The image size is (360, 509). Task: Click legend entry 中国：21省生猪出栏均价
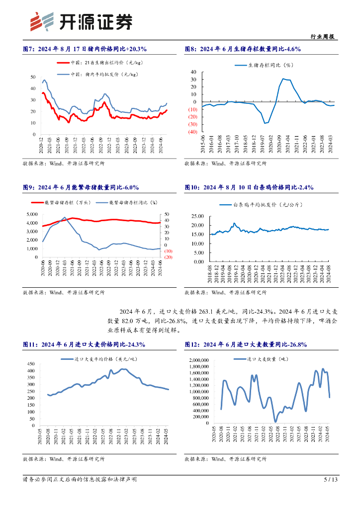[99, 63]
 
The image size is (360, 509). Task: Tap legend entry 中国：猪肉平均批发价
[99, 74]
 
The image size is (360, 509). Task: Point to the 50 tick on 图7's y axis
[33, 77]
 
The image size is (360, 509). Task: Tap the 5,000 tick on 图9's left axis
[31, 214]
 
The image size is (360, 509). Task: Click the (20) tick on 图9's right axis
[168, 257]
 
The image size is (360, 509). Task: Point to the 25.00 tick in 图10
[197, 216]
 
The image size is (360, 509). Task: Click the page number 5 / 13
[331, 480]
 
